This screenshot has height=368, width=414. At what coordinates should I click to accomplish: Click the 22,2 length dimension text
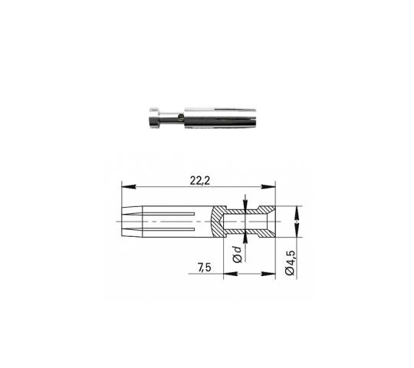tap(200, 181)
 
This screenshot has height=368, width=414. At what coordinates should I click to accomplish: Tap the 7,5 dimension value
tap(205, 268)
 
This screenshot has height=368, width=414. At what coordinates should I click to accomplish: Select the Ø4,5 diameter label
tap(290, 263)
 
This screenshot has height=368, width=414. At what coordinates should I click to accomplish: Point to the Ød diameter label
tap(238, 255)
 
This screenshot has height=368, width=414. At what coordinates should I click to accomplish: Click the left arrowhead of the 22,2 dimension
tap(129, 186)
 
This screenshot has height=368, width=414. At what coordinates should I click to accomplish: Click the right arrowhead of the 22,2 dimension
tap(268, 186)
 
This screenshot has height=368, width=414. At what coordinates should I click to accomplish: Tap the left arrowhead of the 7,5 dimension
tap(231, 274)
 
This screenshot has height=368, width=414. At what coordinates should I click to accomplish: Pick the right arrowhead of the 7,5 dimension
tap(268, 274)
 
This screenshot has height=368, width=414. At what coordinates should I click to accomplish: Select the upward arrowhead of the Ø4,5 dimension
tap(297, 213)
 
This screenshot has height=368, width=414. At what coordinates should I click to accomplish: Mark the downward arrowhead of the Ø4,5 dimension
tap(297, 230)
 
